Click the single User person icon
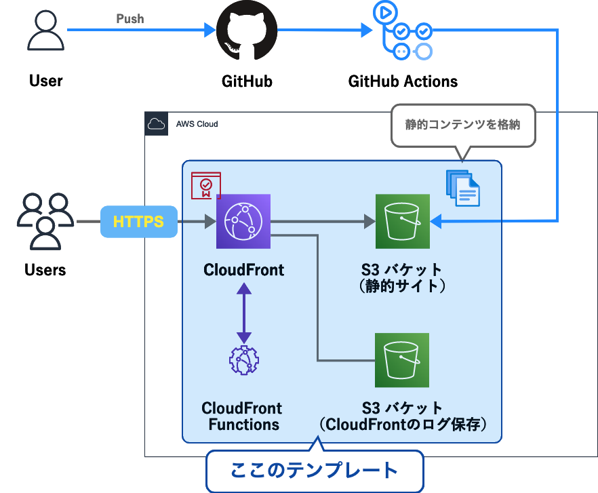click(x=45, y=31)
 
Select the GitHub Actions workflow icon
click(x=403, y=31)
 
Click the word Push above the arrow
click(x=129, y=18)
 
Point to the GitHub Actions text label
click(x=403, y=82)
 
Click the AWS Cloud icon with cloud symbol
click(x=156, y=123)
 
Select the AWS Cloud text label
click(x=197, y=124)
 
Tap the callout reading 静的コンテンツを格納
click(x=463, y=125)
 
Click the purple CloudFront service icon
click(x=243, y=221)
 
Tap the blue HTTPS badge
click(x=139, y=222)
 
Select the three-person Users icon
click(x=45, y=221)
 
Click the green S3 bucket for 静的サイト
click(x=403, y=221)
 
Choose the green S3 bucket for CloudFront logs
click(x=403, y=359)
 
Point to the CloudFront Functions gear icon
click(x=243, y=360)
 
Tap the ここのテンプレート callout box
click(x=314, y=469)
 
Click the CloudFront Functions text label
click(x=243, y=416)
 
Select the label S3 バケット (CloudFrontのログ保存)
click(x=403, y=416)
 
